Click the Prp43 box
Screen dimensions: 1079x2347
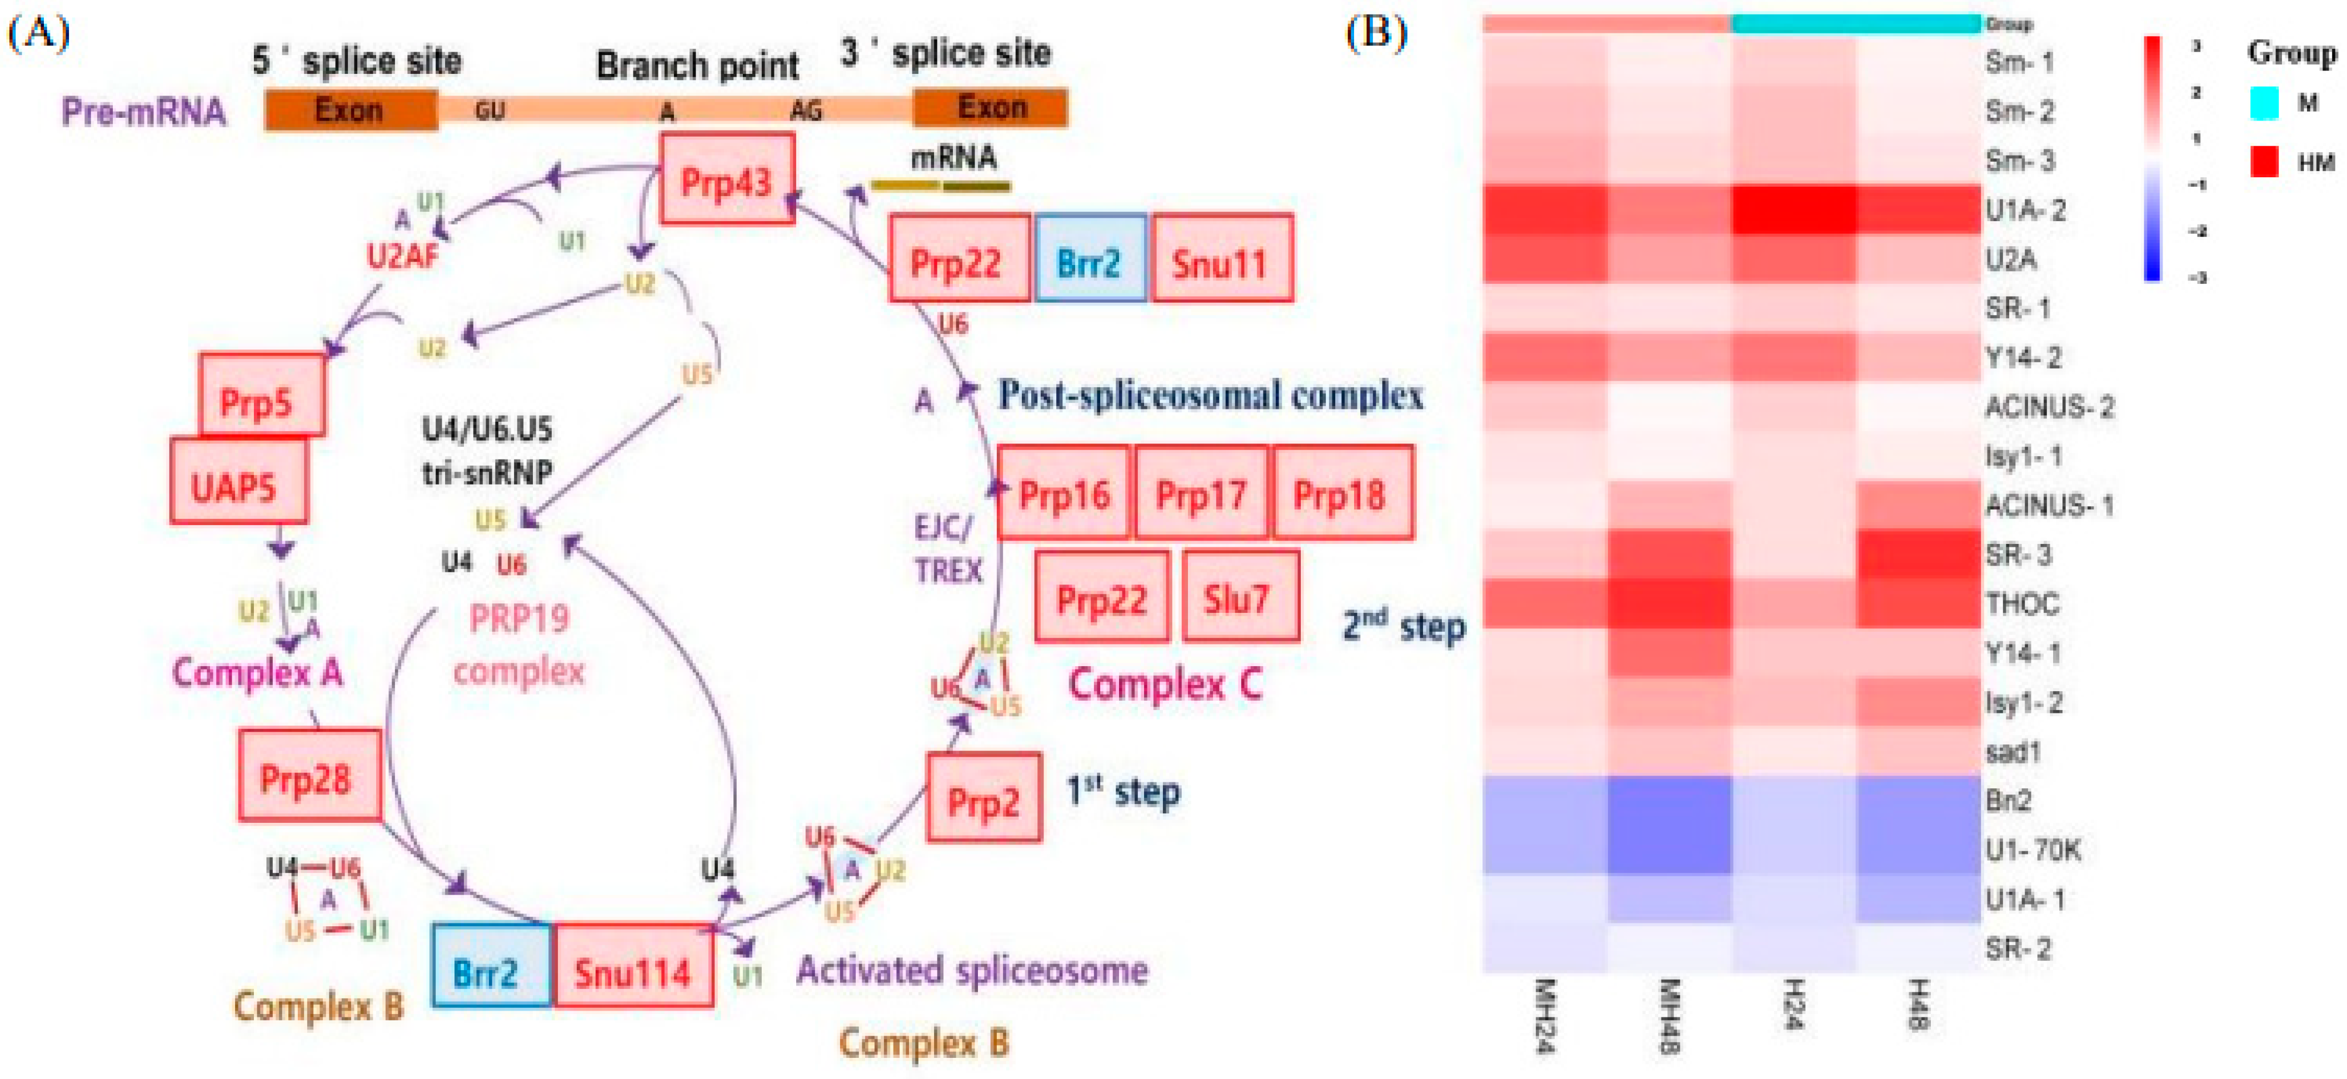726,178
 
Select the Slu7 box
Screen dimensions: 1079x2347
1240,596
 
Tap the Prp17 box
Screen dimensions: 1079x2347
1201,493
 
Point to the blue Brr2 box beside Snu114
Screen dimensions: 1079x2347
491,966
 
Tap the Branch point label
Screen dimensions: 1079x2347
697,66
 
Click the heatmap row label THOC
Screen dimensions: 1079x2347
2023,603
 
